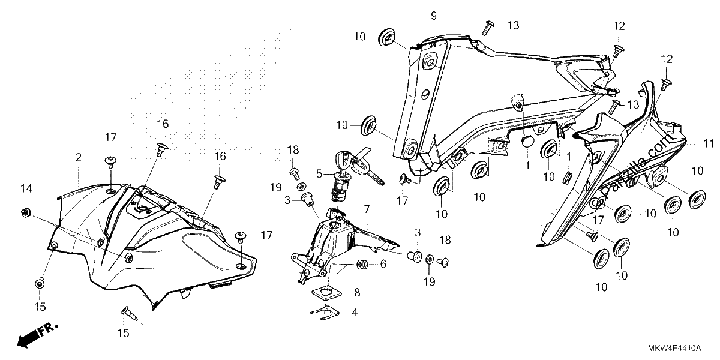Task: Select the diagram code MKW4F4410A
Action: pos(674,349)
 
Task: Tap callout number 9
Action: pos(434,16)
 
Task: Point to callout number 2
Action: pos(79,157)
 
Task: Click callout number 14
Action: pos(26,188)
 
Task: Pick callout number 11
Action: pos(709,143)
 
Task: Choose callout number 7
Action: pos(367,209)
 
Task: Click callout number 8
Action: pos(357,293)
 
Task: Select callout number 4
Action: pos(354,312)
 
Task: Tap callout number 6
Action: pos(383,264)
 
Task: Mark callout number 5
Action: pos(319,174)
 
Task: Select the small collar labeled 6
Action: pos(362,264)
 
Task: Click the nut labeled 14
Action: pos(25,212)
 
